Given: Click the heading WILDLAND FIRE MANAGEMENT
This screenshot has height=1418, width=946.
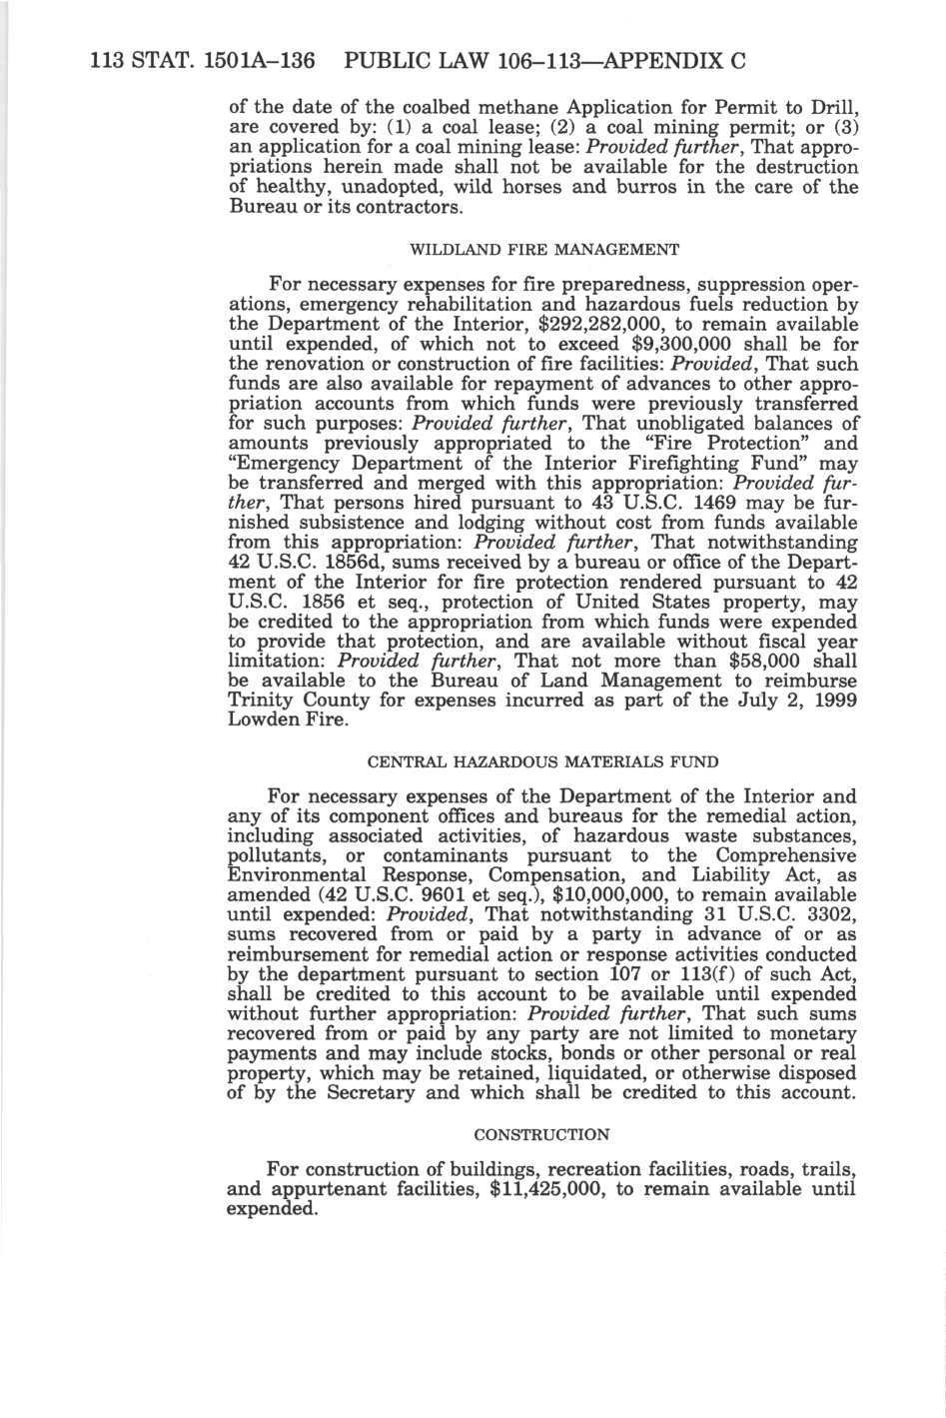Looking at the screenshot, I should point(544,248).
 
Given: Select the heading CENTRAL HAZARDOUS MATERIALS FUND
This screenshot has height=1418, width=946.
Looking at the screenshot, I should point(542,761).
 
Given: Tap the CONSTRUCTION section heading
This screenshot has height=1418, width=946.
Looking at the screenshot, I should point(541,1134).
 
